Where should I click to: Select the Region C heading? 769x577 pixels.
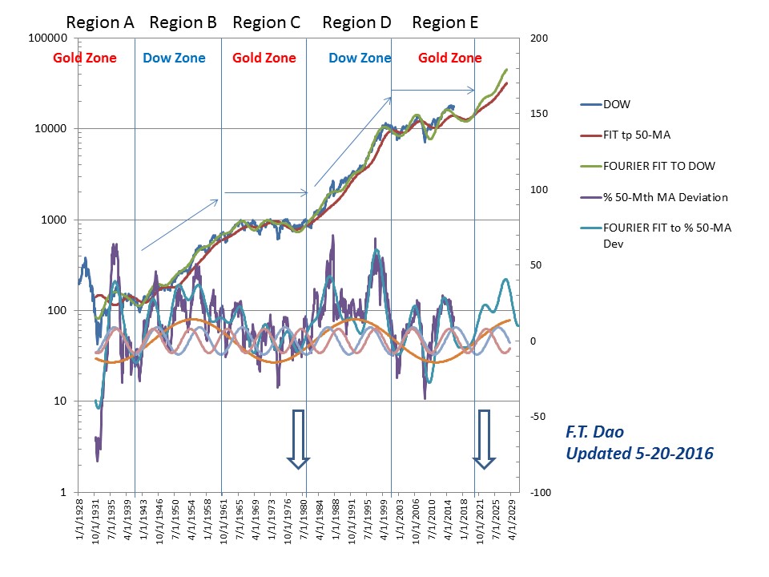coord(266,22)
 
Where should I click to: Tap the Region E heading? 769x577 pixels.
coord(445,22)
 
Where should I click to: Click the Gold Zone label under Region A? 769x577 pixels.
coord(85,58)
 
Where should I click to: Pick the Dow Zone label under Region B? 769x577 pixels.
coord(174,58)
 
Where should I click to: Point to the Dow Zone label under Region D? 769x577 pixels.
coord(360,58)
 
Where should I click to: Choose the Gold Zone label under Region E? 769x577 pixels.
coord(450,58)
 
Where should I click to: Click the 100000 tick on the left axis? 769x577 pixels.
coord(47,38)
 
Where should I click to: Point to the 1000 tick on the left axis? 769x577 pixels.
coord(53,220)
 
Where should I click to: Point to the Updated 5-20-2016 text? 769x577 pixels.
coord(639,454)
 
